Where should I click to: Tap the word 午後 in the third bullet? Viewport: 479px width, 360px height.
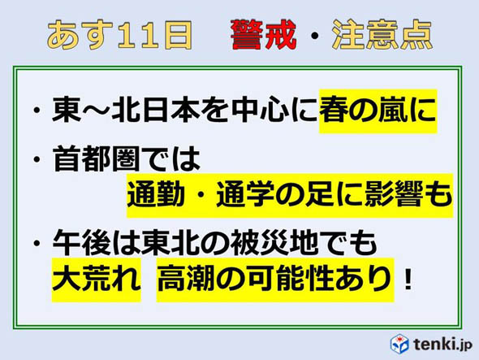tap(80, 242)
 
